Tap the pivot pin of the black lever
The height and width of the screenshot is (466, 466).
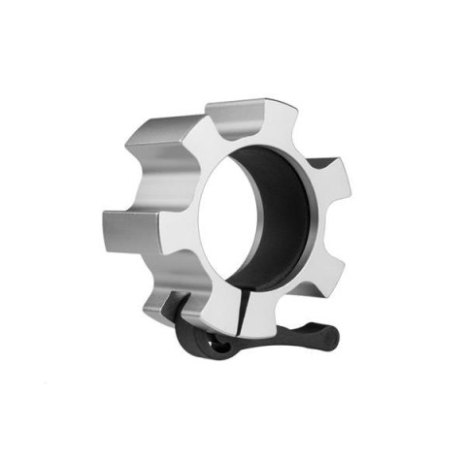click(x=212, y=342)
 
